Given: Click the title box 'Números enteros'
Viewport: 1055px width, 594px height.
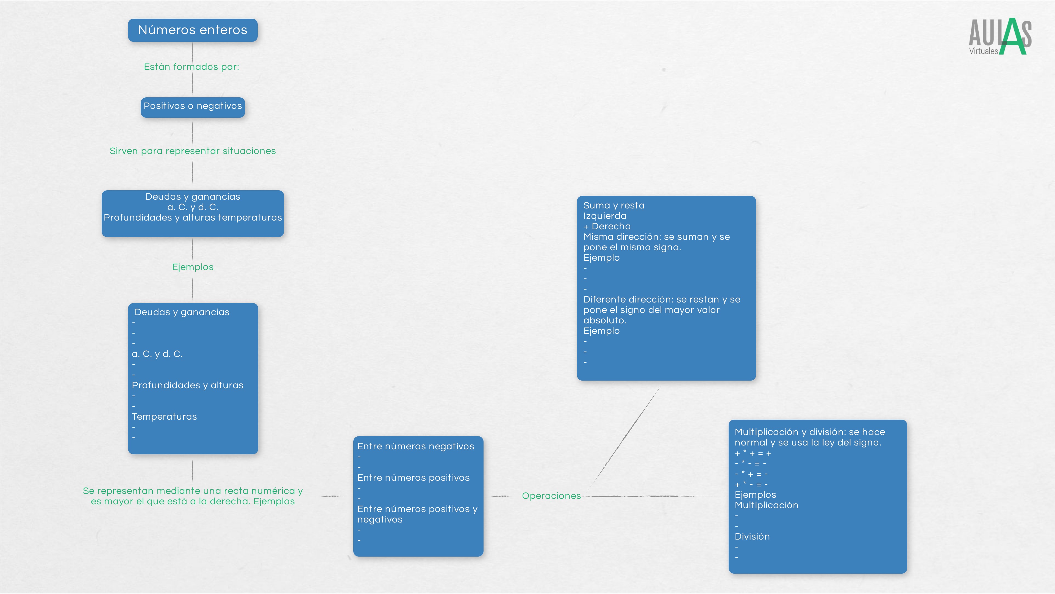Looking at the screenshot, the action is click(193, 30).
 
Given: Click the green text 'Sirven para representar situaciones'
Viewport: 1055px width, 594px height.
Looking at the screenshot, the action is click(193, 151).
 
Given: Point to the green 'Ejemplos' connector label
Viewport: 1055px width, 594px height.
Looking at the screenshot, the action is click(193, 267).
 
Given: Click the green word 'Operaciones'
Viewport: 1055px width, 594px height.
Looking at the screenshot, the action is click(551, 496).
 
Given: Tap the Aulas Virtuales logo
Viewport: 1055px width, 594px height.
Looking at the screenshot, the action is click(1000, 37).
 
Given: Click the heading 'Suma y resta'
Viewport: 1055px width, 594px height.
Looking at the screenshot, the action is click(613, 205).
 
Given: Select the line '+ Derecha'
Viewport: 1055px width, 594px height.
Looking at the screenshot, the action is click(607, 226).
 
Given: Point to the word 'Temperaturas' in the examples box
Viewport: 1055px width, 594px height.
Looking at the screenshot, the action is click(164, 417).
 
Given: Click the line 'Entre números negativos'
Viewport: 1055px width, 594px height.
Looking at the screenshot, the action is click(415, 446).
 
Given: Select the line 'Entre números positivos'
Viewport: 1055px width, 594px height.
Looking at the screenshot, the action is click(413, 478).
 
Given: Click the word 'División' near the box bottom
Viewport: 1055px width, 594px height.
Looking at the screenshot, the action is click(752, 537).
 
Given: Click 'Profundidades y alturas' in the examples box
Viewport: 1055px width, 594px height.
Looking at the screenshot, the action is click(187, 385).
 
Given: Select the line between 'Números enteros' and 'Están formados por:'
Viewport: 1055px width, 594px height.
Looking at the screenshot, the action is click(193, 52).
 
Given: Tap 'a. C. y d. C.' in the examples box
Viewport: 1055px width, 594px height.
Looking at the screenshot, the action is click(157, 354).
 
